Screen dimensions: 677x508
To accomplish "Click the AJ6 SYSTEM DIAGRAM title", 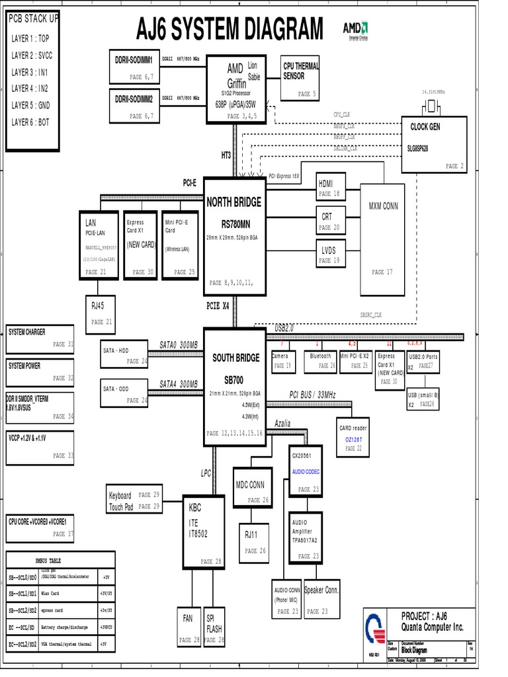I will [x=230, y=30].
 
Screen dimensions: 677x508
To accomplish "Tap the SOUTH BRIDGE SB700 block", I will [x=235, y=383].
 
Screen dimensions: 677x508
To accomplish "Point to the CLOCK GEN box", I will [x=434, y=145].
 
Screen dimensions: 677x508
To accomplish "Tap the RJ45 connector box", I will [x=101, y=314].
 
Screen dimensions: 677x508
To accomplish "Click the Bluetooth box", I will [x=321, y=360].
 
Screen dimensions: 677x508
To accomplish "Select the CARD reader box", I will [x=353, y=437].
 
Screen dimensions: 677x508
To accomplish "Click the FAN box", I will [x=189, y=625].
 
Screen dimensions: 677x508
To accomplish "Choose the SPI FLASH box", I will [x=214, y=625].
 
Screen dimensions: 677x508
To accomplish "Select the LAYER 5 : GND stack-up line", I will [x=30, y=105].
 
